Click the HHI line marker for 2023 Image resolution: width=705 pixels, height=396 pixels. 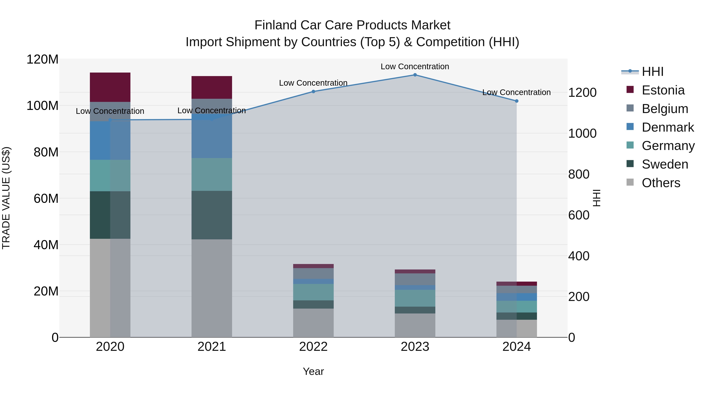click(x=415, y=75)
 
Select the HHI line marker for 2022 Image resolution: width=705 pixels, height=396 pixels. click(x=313, y=92)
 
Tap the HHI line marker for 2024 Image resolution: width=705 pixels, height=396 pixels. click(x=516, y=101)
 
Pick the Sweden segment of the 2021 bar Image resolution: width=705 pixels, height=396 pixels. click(x=211, y=215)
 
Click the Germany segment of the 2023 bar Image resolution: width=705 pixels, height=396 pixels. click(x=415, y=298)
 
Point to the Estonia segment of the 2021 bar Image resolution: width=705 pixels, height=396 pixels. click(x=211, y=87)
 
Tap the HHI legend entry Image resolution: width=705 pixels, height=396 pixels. click(x=653, y=72)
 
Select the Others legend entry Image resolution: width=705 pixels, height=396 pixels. click(x=661, y=183)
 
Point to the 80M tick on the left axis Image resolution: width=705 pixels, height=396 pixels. click(x=46, y=152)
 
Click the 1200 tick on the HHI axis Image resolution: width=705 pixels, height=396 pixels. click(x=582, y=93)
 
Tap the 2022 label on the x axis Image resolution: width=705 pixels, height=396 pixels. click(x=313, y=347)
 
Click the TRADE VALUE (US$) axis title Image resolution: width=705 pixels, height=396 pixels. click(x=6, y=198)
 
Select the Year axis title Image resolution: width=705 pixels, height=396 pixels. click(x=313, y=371)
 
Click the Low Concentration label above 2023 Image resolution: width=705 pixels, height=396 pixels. click(x=415, y=66)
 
